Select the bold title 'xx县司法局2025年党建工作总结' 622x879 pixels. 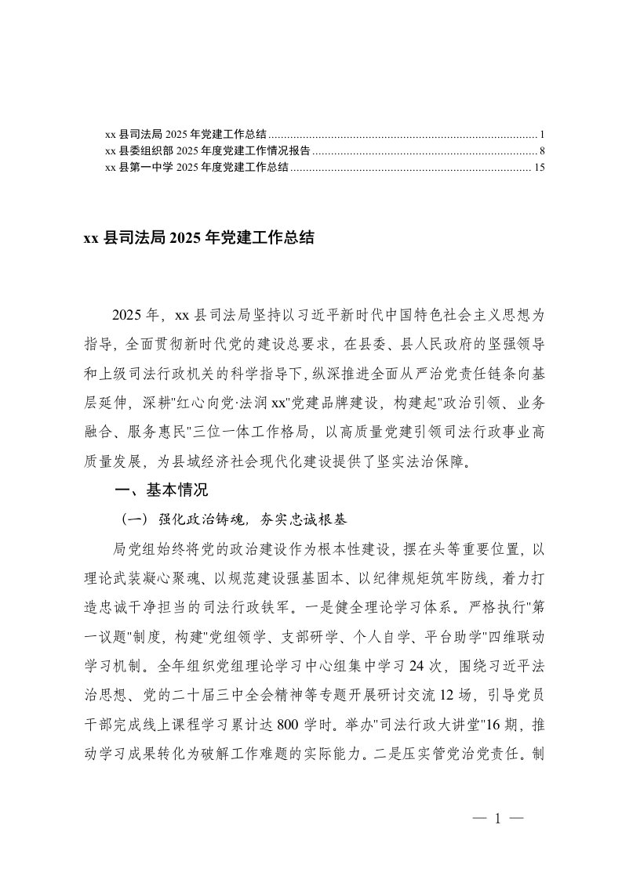tap(199, 238)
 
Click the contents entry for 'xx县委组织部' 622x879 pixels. tap(208, 150)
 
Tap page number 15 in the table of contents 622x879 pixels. tap(537, 167)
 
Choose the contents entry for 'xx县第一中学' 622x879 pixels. tap(197, 167)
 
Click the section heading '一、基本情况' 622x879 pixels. tap(162, 491)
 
